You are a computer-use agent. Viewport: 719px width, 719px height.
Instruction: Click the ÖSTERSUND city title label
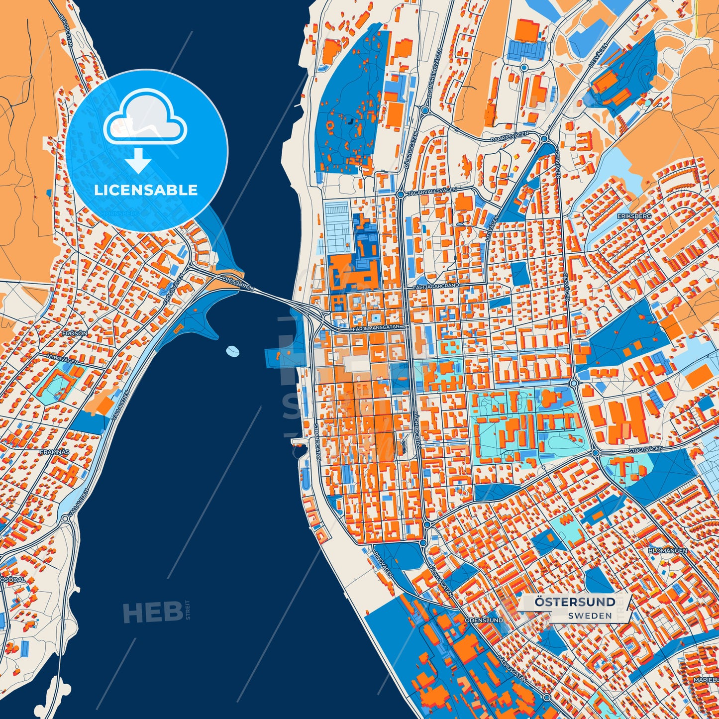(x=575, y=602)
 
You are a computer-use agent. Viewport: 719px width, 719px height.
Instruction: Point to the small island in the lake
(x=232, y=351)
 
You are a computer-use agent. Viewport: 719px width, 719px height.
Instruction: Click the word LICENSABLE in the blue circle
(x=146, y=190)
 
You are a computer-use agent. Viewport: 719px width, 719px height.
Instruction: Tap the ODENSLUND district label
(x=484, y=620)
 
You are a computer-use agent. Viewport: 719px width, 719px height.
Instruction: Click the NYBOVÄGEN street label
(x=62, y=359)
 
